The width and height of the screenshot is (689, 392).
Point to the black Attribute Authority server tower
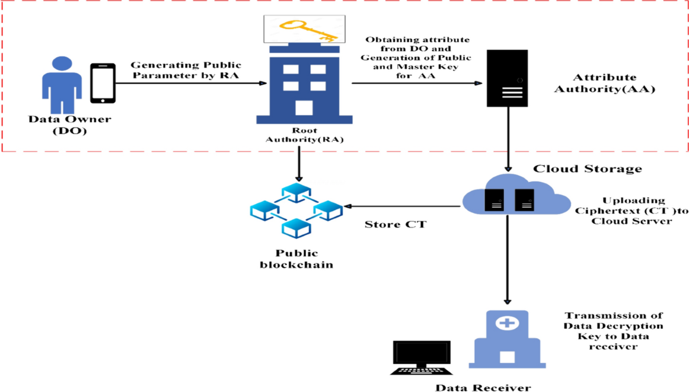coord(507,78)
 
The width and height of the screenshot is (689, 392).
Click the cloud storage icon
coord(509,196)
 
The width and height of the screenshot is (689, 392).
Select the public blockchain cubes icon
coord(295,210)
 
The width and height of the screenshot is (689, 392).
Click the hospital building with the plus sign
coord(506,339)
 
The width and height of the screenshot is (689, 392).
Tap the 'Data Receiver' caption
coord(482,386)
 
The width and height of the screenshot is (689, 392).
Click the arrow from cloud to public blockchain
coord(407,205)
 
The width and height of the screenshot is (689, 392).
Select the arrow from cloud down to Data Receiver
coord(507,258)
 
